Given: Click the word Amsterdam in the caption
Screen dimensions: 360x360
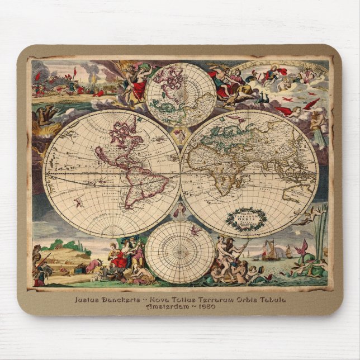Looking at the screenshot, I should [x=166, y=307].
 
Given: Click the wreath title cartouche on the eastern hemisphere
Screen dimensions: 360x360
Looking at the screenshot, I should [x=247, y=219].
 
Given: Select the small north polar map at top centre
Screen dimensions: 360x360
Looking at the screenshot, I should [x=181, y=94].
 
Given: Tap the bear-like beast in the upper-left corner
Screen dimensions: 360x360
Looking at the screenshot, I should [x=46, y=117].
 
